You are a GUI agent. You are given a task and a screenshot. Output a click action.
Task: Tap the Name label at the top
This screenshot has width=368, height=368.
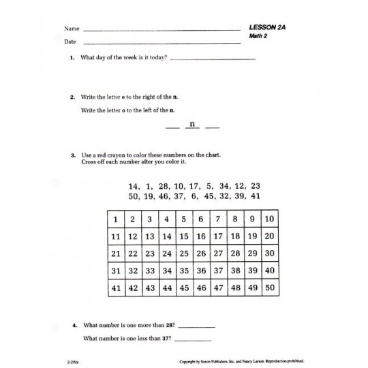pos(72,29)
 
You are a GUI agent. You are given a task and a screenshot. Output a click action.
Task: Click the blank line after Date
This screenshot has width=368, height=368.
pos(161,42)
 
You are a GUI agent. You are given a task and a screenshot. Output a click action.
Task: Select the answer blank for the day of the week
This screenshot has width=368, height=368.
pos(212,59)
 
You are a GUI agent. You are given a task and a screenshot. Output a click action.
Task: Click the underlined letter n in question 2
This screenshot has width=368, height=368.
pos(192,125)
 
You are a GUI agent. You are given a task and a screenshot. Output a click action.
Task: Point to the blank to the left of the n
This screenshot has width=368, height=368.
pos(172,127)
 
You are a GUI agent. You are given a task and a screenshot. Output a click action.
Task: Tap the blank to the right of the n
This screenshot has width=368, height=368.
pos(213,127)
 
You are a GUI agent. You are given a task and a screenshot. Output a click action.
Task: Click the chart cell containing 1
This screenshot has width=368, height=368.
pos(116,219)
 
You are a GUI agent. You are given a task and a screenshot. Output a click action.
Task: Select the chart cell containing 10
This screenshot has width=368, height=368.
pos(269,219)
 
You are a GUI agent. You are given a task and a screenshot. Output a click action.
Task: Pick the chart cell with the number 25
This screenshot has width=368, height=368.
pos(184,254)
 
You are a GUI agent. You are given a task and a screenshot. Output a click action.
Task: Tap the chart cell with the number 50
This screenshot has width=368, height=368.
pos(269,288)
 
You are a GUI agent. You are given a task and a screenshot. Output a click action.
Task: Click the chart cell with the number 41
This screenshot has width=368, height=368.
pos(116,288)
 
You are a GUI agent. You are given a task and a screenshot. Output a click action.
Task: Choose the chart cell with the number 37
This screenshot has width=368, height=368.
pos(218,271)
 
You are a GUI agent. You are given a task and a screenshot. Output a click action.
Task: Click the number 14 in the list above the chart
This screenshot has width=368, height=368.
pos(133,185)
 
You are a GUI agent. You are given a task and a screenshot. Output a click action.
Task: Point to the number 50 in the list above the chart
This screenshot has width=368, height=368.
pos(133,196)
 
